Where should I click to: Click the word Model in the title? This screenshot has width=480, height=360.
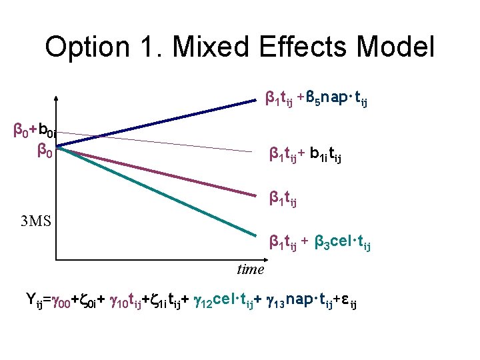[x=395, y=48]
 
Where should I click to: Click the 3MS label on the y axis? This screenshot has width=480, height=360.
[x=36, y=221]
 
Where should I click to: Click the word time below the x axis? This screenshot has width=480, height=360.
[x=251, y=269]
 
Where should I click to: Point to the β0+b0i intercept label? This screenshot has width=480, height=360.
[x=37, y=129]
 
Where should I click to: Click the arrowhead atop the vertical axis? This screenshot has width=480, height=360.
[x=57, y=101]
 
